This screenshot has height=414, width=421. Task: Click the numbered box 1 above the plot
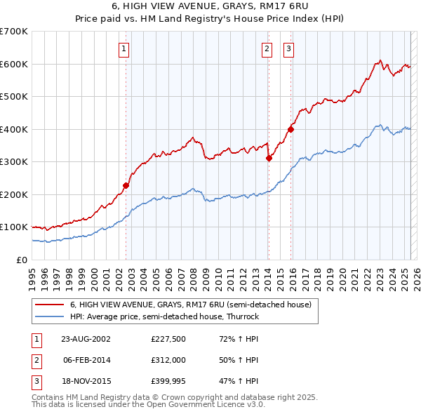tap(123, 48)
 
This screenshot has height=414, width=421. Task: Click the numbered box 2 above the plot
tap(267, 48)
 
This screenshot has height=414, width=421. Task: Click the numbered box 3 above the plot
tap(288, 48)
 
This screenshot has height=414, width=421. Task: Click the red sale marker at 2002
tap(126, 185)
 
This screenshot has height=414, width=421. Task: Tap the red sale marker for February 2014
tap(269, 158)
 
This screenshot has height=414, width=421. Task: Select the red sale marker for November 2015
tap(290, 129)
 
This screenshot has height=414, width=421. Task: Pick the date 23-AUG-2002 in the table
tap(86, 338)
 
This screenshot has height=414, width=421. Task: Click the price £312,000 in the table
tap(169, 360)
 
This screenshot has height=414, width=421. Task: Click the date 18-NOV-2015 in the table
tap(86, 382)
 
